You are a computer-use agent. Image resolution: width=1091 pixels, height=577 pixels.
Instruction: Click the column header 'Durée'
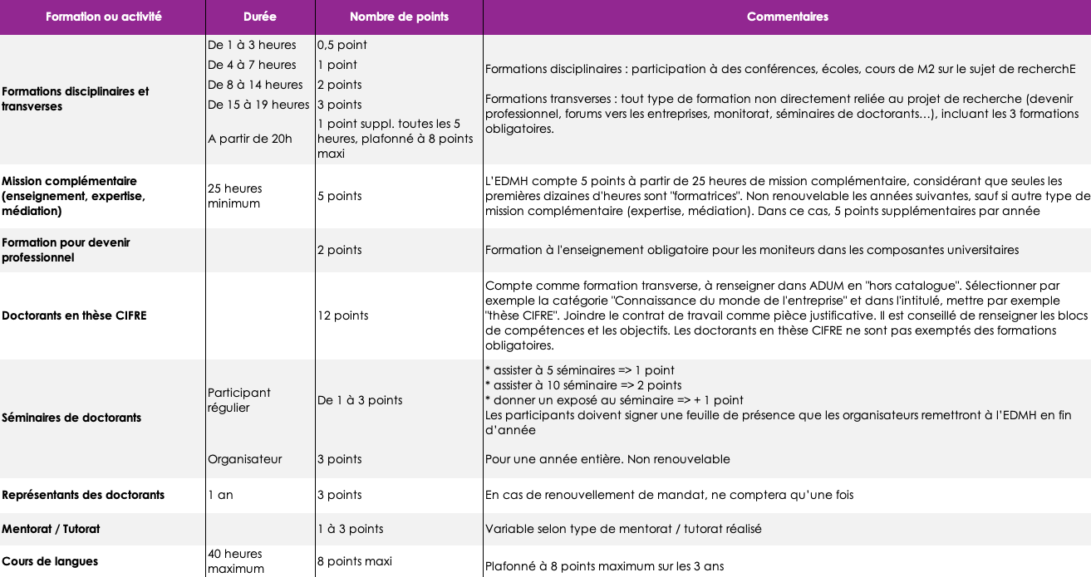coord(260,17)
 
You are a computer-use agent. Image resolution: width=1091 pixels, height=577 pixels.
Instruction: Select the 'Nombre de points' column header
coord(399,17)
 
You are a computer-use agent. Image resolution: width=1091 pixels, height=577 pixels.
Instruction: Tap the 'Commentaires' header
coord(787,17)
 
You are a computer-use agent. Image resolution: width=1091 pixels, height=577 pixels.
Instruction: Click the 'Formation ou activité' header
coord(103,17)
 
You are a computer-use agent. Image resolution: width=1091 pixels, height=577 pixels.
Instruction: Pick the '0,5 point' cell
coord(342,45)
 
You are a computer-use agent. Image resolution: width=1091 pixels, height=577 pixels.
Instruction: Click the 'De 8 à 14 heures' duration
coord(255,85)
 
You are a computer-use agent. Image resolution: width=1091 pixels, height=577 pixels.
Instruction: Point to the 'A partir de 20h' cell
coord(250,139)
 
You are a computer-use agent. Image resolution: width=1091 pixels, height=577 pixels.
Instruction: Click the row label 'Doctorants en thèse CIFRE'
coord(74,315)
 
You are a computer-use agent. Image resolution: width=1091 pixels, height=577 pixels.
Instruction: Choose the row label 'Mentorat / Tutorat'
coord(51,529)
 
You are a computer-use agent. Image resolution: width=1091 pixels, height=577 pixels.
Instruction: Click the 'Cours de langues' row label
coord(50,561)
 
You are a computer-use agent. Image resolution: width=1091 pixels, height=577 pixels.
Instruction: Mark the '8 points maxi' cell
coord(355,561)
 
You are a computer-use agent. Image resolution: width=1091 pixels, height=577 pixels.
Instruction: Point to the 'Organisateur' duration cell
coord(244,459)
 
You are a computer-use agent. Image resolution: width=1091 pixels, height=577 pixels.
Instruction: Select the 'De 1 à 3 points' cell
coord(360,400)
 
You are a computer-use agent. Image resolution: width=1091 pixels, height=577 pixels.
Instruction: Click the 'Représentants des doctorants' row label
coord(83,495)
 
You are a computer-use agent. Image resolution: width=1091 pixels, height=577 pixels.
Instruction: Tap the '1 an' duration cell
coord(220,495)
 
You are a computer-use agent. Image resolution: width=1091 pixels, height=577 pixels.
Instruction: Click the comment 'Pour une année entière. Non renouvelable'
coord(607,459)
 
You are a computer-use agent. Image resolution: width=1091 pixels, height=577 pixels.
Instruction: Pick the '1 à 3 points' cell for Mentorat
coord(351,529)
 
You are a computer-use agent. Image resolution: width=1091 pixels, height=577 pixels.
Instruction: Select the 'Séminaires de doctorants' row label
coord(71,418)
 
